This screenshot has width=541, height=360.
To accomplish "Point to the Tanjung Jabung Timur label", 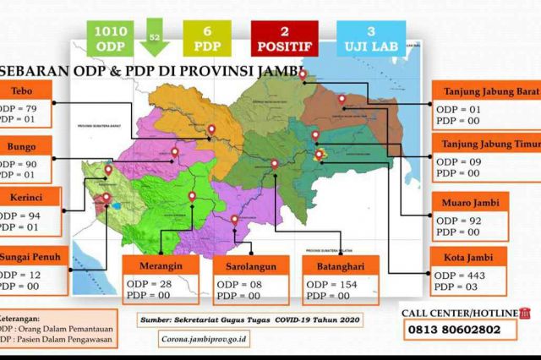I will pyautogui.click(x=486, y=144).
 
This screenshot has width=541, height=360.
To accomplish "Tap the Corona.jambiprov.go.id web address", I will pyautogui.click(x=204, y=339).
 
